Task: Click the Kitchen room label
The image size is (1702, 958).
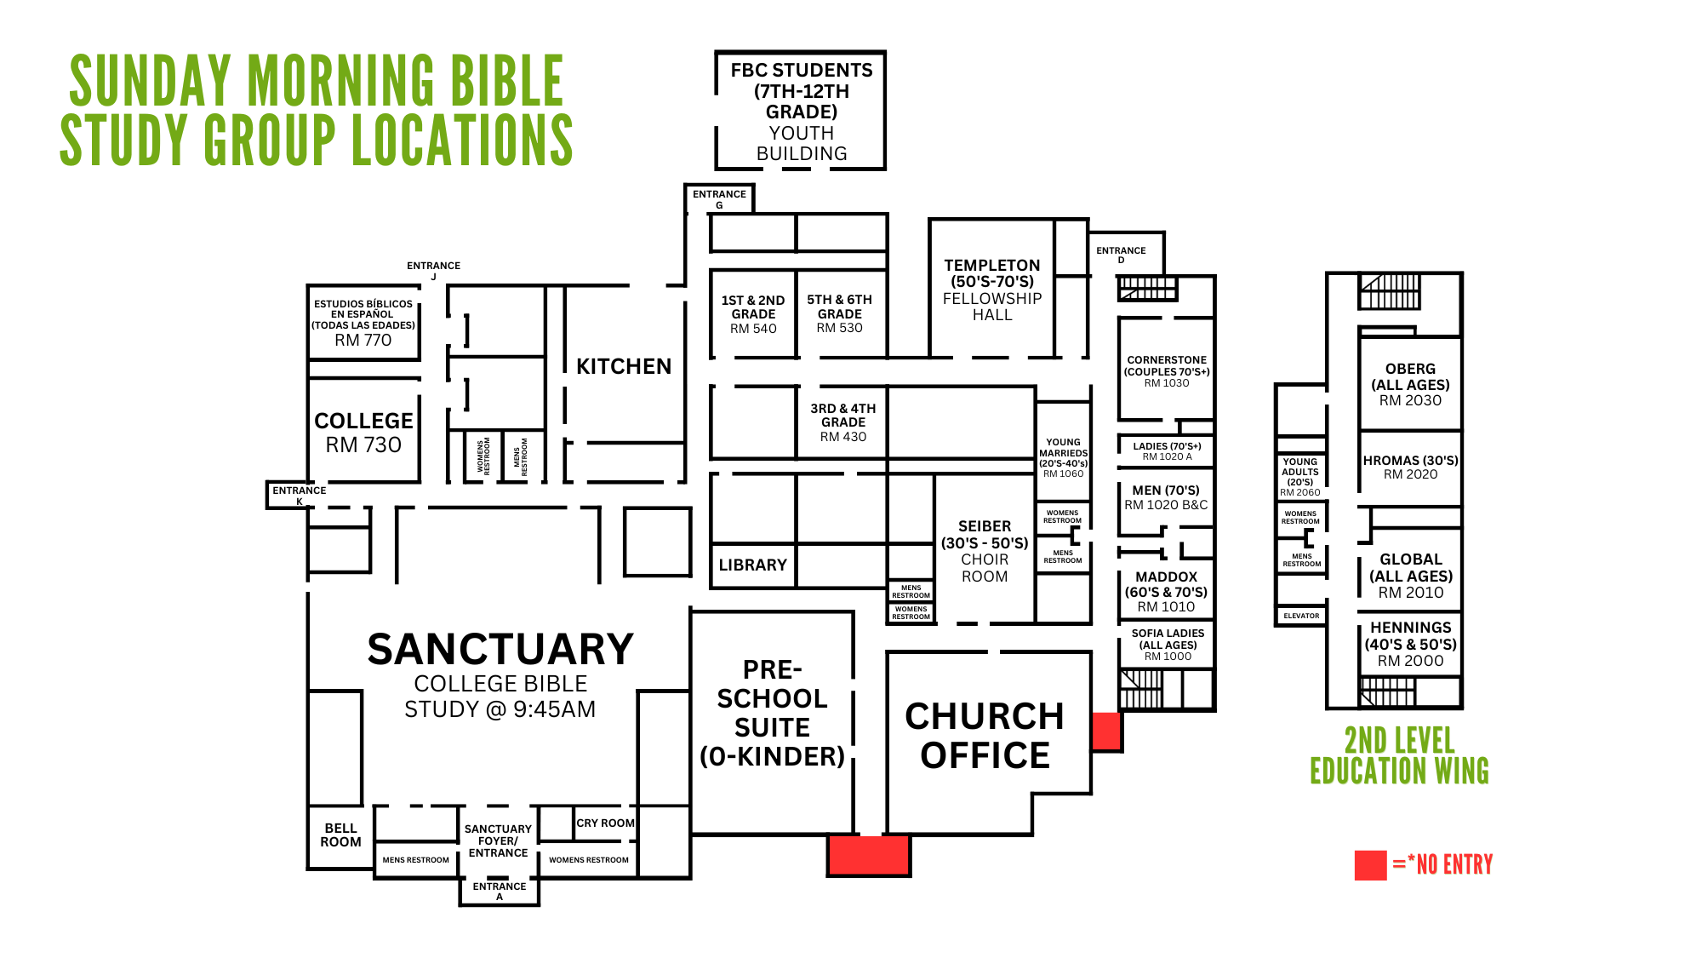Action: (624, 366)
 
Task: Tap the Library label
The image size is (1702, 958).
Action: (752, 565)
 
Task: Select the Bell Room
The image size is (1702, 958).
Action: (340, 835)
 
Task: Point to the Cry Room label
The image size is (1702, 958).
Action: (605, 823)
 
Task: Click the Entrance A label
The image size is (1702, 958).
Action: (500, 891)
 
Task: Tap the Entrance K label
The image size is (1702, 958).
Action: (299, 495)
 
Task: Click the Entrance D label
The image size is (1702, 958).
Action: (1121, 255)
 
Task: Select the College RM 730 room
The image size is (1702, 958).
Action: (363, 433)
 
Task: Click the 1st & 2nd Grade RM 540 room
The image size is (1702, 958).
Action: (753, 314)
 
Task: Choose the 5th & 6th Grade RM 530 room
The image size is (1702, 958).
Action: (840, 314)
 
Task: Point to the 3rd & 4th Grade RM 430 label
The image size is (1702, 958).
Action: (842, 422)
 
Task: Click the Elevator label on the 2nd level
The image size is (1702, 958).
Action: (1301, 616)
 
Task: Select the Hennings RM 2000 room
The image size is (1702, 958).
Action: (1410, 645)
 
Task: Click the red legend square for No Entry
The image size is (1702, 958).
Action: (1370, 865)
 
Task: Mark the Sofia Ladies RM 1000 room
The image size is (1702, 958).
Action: (1168, 645)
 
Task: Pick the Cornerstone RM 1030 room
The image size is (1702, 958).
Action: (1167, 371)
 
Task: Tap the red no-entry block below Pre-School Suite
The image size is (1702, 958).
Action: (869, 855)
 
